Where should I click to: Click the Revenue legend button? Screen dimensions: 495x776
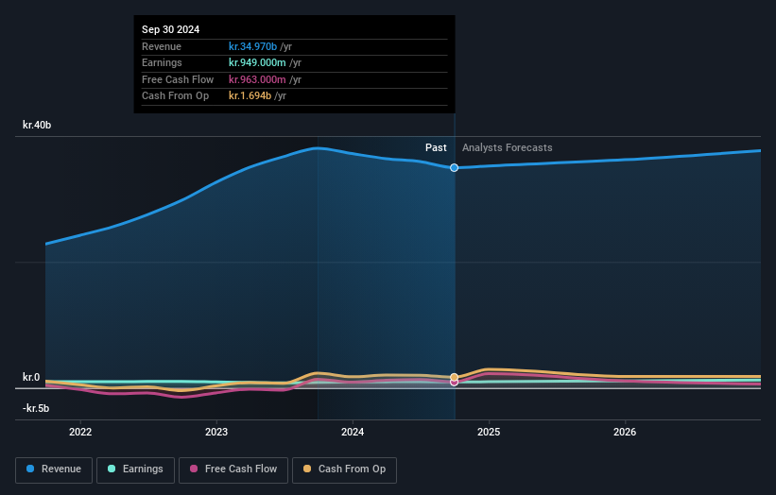54,469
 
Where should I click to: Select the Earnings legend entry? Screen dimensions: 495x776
135,469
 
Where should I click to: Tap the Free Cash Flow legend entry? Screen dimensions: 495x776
233,469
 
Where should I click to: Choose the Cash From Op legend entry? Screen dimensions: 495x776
345,469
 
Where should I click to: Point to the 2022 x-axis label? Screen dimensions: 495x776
80,433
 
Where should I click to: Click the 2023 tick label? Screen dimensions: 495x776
216,433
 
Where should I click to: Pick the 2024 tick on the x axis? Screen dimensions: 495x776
353,433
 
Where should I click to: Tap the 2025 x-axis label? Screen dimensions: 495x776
489,433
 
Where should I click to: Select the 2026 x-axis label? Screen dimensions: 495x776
625,433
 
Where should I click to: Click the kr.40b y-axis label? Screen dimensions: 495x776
38,125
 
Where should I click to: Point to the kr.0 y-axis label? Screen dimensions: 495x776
31,378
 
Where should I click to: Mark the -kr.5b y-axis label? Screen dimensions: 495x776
36,408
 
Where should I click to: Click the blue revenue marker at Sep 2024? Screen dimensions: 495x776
455,167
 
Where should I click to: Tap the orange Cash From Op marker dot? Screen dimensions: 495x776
455,377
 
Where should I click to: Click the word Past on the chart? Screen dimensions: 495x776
436,147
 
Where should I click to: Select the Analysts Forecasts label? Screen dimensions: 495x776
507,147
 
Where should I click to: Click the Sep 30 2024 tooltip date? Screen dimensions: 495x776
171,30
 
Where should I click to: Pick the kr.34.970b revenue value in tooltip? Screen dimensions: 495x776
252,46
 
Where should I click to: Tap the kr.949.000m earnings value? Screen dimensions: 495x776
256,63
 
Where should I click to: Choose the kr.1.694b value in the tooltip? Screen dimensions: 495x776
250,95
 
